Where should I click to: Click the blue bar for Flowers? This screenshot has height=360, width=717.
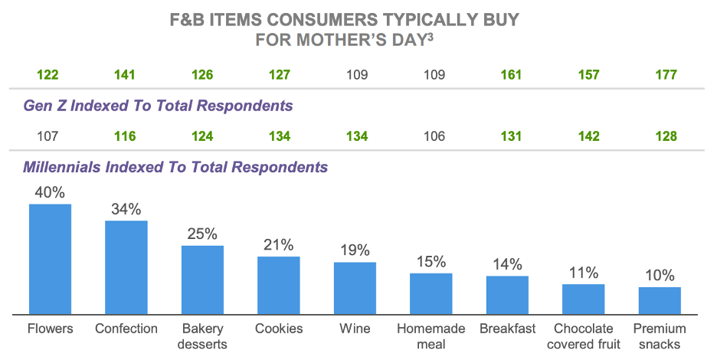coord(50,259)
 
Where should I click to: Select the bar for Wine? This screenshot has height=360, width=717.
coord(355,288)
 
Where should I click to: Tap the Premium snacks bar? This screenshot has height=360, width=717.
coord(660,300)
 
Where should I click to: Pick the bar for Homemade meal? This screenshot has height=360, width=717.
coord(431,293)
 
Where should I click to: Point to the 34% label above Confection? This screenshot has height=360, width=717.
coord(126,209)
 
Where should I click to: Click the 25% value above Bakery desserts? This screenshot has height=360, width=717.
coord(202,234)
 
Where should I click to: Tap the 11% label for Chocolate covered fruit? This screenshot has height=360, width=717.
coord(584,273)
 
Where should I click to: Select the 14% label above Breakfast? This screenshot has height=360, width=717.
coord(507,264)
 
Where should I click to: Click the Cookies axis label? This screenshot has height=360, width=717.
coord(279,329)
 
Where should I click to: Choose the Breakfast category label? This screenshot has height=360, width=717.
coord(507,329)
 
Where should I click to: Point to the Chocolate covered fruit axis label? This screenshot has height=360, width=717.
coord(584,336)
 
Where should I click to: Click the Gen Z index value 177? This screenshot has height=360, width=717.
coord(666,75)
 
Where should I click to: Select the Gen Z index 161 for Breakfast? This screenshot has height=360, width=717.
coord(511,75)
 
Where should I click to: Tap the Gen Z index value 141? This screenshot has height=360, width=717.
coord(125,75)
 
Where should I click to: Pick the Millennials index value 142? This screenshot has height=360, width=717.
coord(588,136)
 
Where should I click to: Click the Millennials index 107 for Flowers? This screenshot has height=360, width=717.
coord(47,136)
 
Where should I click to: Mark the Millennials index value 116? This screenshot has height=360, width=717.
coord(125,136)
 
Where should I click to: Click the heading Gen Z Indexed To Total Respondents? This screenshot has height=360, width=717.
coord(158,106)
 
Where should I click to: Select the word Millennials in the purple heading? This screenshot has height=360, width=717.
coord(62,167)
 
